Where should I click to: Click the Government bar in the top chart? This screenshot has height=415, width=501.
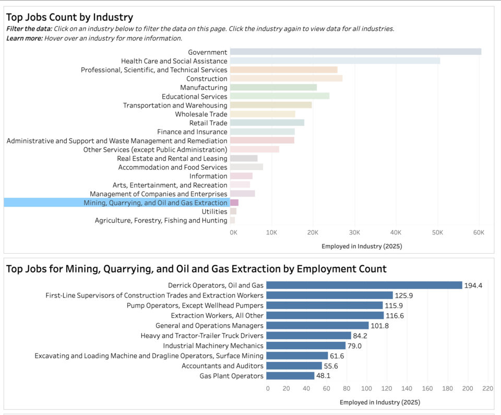pos(355,52)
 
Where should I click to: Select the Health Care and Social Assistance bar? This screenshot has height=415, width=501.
pos(335,61)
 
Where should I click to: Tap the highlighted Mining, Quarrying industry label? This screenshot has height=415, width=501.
pos(156,203)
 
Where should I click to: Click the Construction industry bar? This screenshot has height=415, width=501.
pos(286,78)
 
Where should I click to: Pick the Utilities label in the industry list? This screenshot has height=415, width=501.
pos(214,211)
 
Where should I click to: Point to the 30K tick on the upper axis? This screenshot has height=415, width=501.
pos(354,232)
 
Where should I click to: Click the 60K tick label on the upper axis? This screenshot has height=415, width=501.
pos(478,232)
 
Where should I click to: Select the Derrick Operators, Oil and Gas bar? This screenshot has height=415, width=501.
pos(364,285)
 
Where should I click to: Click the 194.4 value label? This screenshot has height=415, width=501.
pos(473,286)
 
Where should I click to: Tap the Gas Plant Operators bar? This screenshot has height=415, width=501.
pos(290,376)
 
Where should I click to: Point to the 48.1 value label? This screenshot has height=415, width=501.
pos(325,376)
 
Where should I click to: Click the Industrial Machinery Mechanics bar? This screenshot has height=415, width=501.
pos(306,346)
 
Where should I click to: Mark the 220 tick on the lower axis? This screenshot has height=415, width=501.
pos(487,388)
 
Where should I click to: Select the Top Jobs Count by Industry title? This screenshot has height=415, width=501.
pos(69,17)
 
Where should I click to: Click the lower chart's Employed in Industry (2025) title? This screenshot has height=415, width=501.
pos(379,402)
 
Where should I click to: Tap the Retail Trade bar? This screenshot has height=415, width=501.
pos(267,123)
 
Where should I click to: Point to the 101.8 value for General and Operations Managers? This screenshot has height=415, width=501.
pos(379,326)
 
